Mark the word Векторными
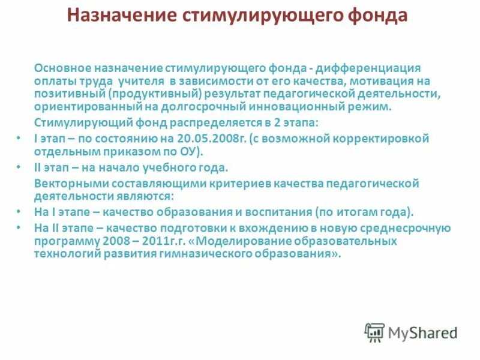coord(64,182)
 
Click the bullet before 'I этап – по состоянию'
coord(20,138)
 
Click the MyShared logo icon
coord(374,332)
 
